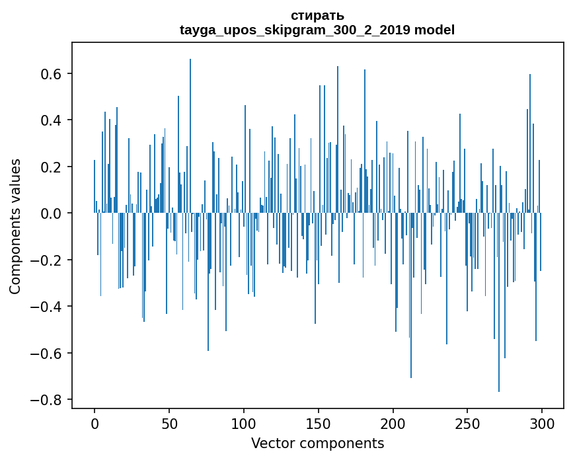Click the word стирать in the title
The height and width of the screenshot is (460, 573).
317,15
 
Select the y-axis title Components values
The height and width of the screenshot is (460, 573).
15,226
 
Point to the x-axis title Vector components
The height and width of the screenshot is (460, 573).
317,443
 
